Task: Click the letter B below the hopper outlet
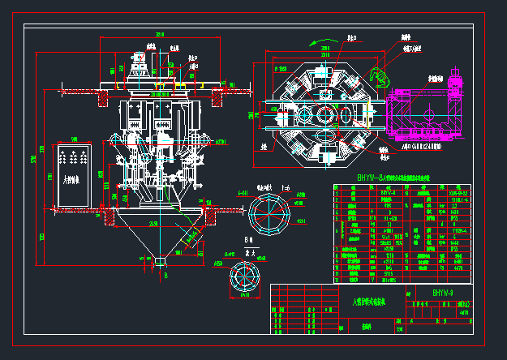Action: point(165,276)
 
